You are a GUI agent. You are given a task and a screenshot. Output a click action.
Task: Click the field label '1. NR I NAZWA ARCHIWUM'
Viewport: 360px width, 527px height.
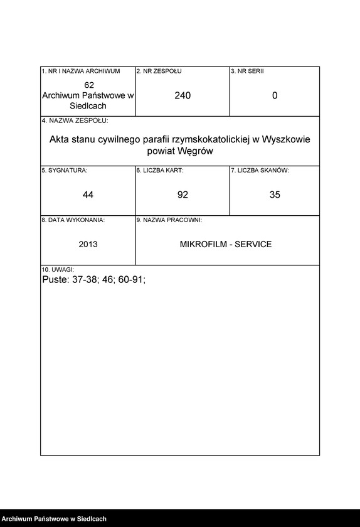[x=80, y=72]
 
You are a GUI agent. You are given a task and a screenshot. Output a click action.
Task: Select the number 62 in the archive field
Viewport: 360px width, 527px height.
[x=88, y=85]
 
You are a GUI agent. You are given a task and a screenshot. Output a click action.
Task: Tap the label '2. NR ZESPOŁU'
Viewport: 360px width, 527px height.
[x=159, y=72]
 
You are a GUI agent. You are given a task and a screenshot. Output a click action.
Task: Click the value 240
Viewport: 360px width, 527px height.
[x=183, y=95]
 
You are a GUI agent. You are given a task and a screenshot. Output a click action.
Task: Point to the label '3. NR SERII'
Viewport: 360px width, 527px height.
[x=247, y=72]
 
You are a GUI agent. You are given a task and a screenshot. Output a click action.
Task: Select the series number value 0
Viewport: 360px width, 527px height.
[x=275, y=95]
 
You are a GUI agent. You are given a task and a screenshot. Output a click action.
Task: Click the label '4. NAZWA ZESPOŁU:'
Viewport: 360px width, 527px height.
[x=75, y=120]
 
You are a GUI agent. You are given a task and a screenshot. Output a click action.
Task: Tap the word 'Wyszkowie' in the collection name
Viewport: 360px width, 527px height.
[x=286, y=139]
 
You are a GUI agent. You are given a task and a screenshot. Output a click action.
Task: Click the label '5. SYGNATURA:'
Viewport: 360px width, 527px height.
[x=65, y=170]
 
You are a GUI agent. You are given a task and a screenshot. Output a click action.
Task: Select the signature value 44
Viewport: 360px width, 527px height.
[x=88, y=195]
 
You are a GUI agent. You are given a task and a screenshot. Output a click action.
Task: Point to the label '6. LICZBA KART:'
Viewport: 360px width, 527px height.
[x=160, y=170]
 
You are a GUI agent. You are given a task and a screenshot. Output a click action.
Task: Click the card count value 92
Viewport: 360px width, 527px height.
[x=183, y=195]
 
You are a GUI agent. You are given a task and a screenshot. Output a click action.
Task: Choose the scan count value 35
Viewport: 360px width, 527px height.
[x=275, y=195]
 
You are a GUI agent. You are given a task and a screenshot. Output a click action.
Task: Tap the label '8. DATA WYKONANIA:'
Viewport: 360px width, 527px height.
[x=73, y=220]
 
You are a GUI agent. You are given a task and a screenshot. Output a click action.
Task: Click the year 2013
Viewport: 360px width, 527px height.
[x=88, y=244]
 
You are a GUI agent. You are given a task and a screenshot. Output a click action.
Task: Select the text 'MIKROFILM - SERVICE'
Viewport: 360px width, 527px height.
[x=226, y=244]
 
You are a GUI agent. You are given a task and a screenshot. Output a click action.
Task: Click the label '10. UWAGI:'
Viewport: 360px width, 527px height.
[x=58, y=269]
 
